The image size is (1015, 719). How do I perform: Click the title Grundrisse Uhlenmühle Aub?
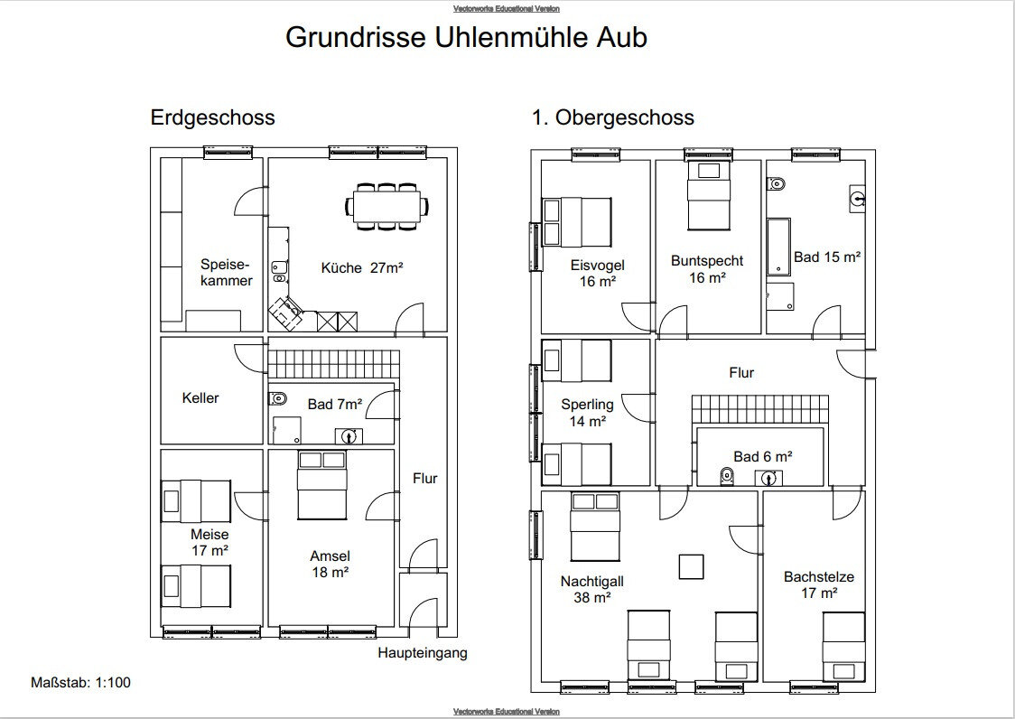click(466, 37)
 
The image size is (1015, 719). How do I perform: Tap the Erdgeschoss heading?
click(212, 117)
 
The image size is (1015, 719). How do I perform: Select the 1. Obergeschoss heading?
click(613, 117)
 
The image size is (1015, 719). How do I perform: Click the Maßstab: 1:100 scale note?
click(80, 682)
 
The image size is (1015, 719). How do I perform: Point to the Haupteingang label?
click(423, 652)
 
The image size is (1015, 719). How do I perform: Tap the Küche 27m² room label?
click(362, 267)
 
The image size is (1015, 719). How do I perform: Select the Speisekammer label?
click(226, 273)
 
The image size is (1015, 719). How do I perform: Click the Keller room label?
click(200, 397)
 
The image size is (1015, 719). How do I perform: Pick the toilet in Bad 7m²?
click(277, 398)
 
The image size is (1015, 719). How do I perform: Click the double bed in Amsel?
click(322, 485)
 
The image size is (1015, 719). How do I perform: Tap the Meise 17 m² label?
click(210, 543)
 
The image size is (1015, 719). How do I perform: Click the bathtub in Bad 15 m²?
click(778, 247)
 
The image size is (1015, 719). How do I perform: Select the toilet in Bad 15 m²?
click(776, 184)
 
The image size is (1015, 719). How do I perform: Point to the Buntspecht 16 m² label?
click(707, 269)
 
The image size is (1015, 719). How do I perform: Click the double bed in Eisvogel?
click(577, 222)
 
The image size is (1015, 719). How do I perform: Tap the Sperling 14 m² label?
click(587, 413)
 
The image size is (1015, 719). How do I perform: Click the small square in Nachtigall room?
click(692, 566)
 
